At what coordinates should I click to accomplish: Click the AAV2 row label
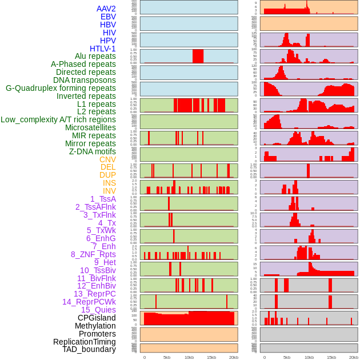[x=106, y=9]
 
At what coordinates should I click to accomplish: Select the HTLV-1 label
[x=102, y=49]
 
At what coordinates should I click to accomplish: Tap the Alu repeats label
[x=95, y=56]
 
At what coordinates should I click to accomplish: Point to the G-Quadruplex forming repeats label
[x=61, y=88]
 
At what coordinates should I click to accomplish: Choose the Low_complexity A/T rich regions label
[x=58, y=119]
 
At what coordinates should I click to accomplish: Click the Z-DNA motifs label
[x=92, y=151]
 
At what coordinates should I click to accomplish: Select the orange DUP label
[x=107, y=175]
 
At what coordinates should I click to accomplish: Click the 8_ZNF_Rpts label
[x=93, y=254]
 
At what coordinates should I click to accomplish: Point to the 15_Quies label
[x=98, y=310]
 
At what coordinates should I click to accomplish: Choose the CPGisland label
[x=97, y=318]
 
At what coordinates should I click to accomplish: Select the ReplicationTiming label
[x=84, y=342]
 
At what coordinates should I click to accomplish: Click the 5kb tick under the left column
[x=167, y=357]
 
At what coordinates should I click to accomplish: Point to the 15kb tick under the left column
[x=211, y=357]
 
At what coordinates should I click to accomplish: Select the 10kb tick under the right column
[x=309, y=357]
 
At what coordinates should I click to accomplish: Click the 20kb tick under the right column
[x=354, y=357]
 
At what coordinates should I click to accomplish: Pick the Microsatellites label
[x=90, y=127]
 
